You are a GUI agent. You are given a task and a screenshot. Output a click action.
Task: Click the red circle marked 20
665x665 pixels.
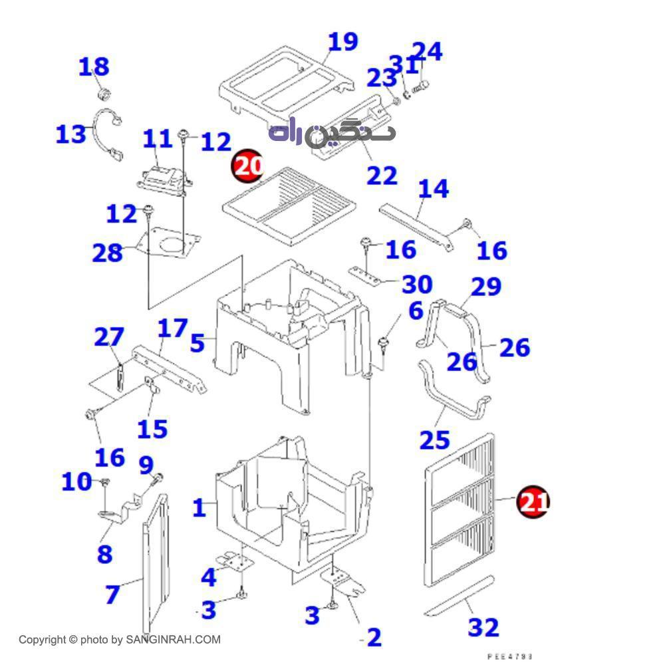tap(247, 166)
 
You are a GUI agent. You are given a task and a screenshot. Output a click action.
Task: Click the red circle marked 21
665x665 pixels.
tap(533, 501)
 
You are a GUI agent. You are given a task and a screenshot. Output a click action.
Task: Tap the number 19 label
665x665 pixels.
tap(343, 42)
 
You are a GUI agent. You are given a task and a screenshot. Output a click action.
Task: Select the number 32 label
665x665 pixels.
tap(483, 626)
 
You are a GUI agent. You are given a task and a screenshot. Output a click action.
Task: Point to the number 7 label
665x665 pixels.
tap(112, 594)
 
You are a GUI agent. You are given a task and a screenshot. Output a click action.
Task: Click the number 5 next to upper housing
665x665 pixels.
tap(197, 343)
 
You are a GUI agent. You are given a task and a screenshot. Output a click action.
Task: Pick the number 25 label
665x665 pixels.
tap(434, 440)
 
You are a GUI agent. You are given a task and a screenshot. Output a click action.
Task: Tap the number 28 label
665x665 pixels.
tap(108, 253)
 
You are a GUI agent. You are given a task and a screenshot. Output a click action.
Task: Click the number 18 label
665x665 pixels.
tap(94, 67)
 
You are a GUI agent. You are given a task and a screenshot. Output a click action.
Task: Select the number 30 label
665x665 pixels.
tap(417, 285)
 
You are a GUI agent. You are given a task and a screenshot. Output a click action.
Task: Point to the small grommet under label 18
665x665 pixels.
tap(103, 91)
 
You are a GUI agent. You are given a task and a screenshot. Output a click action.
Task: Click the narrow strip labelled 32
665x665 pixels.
tap(459, 596)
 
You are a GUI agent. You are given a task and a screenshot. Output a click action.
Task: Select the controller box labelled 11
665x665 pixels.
tap(163, 179)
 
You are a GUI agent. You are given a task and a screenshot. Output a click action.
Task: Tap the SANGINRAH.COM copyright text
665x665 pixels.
tap(119, 640)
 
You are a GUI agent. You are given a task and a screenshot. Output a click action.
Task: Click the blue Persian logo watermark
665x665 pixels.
tap(332, 132)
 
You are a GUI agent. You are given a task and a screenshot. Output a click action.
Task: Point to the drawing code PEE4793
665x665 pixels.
tap(510, 656)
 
